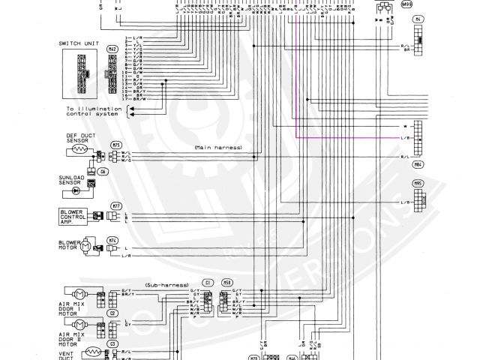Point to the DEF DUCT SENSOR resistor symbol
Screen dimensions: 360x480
pos(78,151)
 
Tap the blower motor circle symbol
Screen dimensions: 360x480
pos(85,245)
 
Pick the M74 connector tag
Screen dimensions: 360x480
pos(112,240)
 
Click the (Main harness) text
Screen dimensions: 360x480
pos(217,148)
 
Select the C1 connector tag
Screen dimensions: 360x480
pos(208,282)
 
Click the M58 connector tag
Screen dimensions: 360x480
pos(227,282)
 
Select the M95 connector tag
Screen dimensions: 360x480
pos(417,183)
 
